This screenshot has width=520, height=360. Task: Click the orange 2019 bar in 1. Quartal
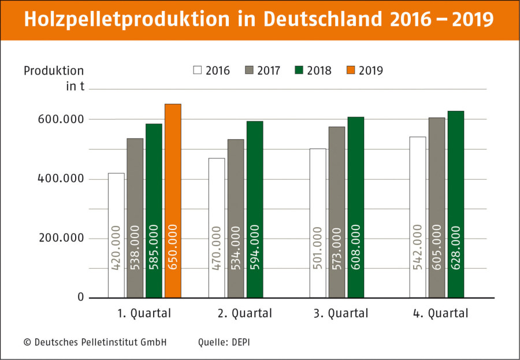[173, 201]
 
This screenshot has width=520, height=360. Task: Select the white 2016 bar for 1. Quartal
[116, 235]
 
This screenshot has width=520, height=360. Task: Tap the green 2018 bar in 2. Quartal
[255, 209]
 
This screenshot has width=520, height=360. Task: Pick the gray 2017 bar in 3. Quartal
[337, 212]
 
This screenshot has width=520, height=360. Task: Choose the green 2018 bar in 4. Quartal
[456, 205]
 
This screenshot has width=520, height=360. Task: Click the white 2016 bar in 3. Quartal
[318, 223]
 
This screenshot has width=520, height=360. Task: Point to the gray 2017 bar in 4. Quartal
[437, 207]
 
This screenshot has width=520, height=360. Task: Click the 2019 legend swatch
[351, 70]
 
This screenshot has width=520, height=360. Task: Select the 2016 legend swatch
[198, 70]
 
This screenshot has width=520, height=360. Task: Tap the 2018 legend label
[319, 70]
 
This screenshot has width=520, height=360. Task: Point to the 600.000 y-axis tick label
[61, 119]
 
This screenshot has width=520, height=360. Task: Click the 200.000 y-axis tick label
[61, 238]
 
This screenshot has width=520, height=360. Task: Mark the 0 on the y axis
[81, 297]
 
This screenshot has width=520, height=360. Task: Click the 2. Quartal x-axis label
[245, 313]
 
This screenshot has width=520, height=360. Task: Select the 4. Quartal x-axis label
[440, 313]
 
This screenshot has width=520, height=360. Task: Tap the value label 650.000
[173, 247]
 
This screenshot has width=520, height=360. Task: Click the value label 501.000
[318, 248]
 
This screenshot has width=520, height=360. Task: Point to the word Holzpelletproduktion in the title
[127, 19]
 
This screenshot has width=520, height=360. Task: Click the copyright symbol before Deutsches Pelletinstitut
[27, 342]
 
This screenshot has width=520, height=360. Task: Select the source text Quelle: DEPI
[224, 342]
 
